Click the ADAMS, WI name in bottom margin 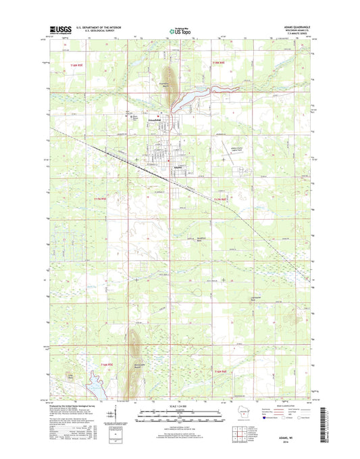303,431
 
